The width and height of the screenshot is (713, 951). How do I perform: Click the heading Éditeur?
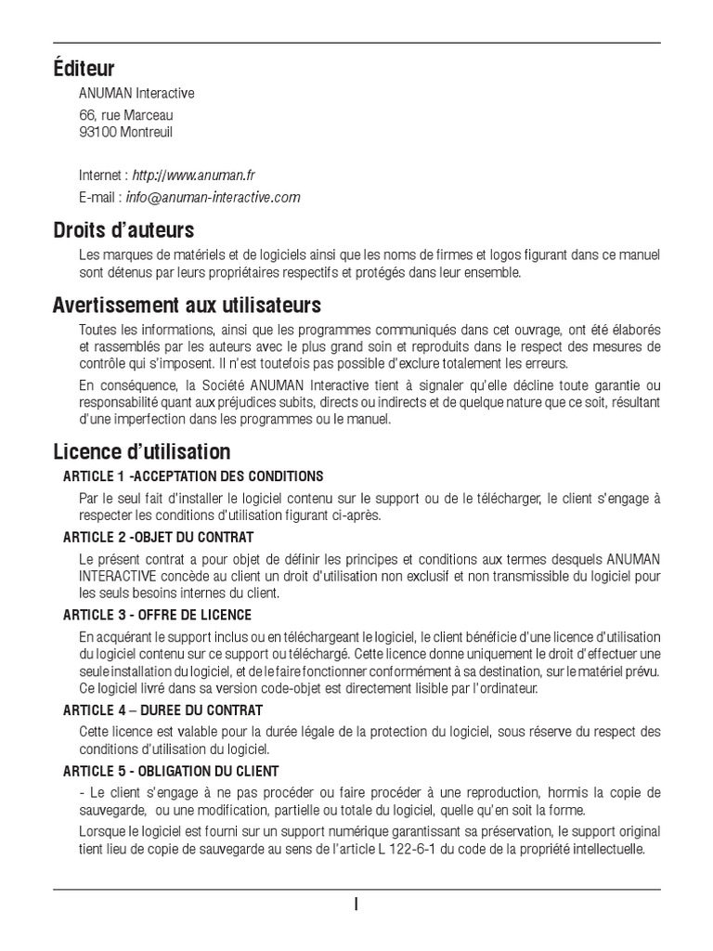pos(84,69)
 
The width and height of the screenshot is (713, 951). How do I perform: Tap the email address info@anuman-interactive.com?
pos(214,197)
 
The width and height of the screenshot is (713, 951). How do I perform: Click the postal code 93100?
pos(97,132)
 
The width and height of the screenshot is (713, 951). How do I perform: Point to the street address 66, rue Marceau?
pos(125,115)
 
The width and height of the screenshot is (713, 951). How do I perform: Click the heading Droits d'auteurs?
pos(123,229)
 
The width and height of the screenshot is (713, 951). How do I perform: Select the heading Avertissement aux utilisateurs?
pos(187,305)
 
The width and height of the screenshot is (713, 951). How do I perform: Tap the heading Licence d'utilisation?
pos(141,452)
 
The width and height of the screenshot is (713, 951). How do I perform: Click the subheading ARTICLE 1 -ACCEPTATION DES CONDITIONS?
pos(193,476)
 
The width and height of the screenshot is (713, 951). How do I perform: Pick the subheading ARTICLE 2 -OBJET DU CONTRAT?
pos(158,538)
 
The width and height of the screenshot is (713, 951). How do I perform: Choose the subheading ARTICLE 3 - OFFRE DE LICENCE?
pos(157,615)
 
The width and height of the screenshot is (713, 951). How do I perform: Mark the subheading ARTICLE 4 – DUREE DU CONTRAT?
pos(162,710)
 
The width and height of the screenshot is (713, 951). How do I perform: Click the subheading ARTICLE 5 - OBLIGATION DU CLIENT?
pos(171,772)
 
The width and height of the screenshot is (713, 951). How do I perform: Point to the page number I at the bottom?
pos(356,905)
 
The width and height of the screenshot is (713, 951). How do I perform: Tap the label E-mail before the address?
pos(98,197)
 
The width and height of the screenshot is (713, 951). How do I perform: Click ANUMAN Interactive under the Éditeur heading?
pos(137,94)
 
